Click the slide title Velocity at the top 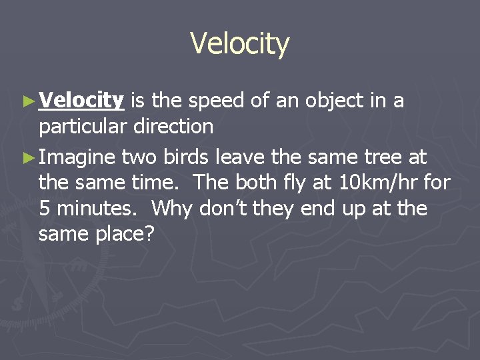point(240,44)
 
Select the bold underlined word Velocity point(81,101)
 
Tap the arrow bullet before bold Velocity point(27,101)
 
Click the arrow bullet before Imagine point(27,157)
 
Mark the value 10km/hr point(365,182)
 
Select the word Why point(171,209)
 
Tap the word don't point(223,209)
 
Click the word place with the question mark point(129,234)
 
